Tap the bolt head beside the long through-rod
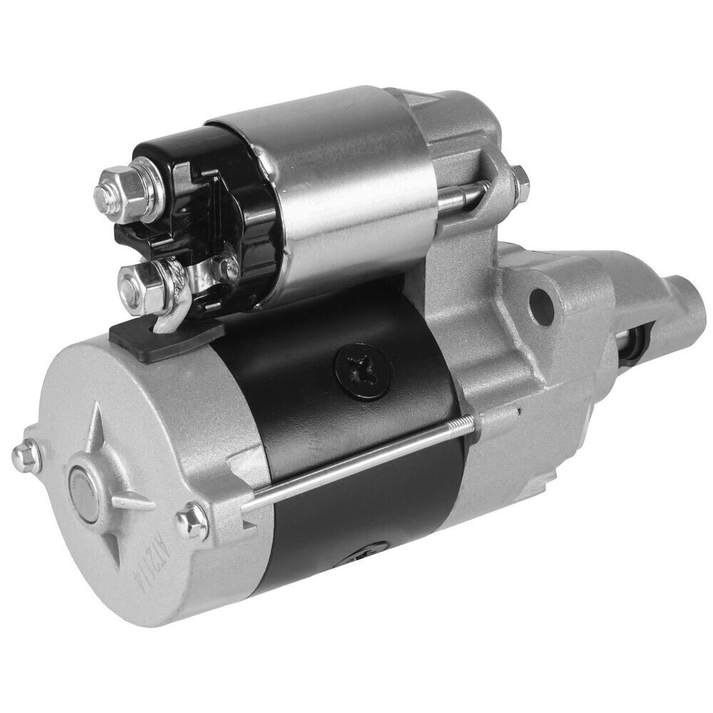tap(193, 518)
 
